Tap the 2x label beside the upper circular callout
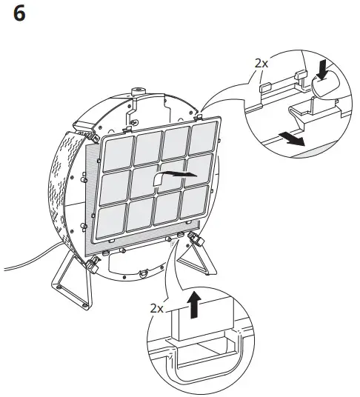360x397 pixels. coord(261,63)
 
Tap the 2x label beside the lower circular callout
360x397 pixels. coord(156,307)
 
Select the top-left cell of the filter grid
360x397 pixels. coord(119,153)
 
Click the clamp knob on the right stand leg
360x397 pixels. coord(198,239)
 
